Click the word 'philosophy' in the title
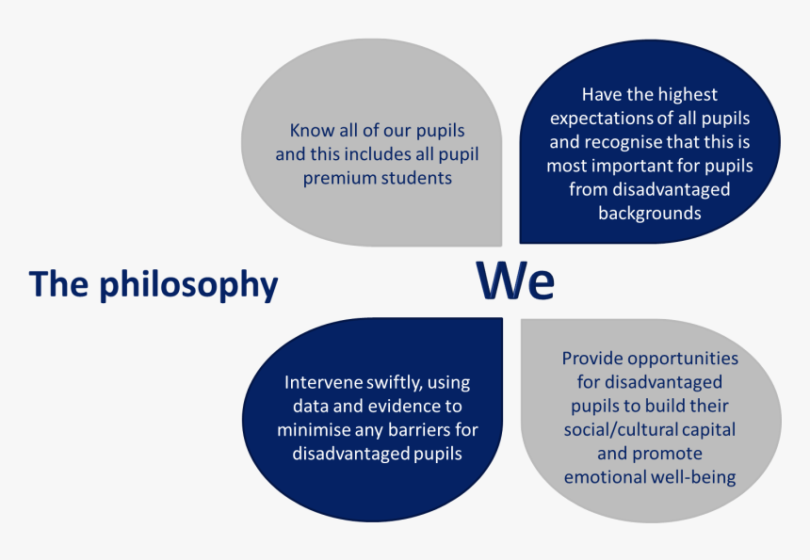[x=188, y=285]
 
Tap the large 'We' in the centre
[x=515, y=280]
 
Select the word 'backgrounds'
[x=649, y=213]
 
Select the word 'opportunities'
[x=683, y=360]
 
